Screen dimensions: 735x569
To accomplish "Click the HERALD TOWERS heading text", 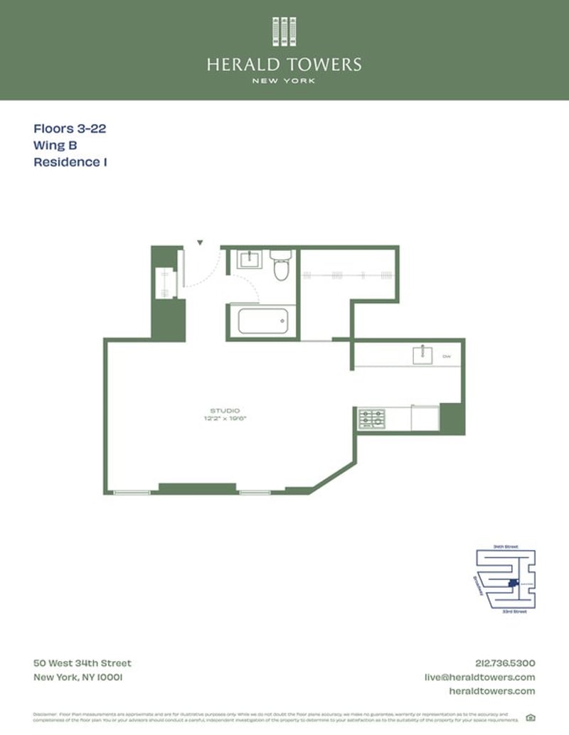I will pos(284,65).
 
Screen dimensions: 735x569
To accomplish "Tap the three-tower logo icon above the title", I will pos(284,32).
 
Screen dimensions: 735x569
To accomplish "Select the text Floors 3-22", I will pos(70,129).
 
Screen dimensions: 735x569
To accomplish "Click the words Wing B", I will pos(55,146).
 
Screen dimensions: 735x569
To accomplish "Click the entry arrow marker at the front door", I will pos(201,242).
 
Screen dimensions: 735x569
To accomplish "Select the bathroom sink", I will pos(249,259).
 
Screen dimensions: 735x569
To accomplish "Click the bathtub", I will pos(262,321).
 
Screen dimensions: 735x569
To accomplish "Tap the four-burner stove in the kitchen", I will pos(371,418).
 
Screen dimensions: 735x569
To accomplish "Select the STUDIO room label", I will pos(224,411).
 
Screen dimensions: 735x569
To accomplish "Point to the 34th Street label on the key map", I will pos(506,547).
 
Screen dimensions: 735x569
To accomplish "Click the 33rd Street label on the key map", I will pos(514,611).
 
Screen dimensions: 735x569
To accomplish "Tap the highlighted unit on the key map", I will pos(514,584).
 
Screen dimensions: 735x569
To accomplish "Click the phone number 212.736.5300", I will pos(504,663).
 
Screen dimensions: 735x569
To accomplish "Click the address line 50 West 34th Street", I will pos(83,663).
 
